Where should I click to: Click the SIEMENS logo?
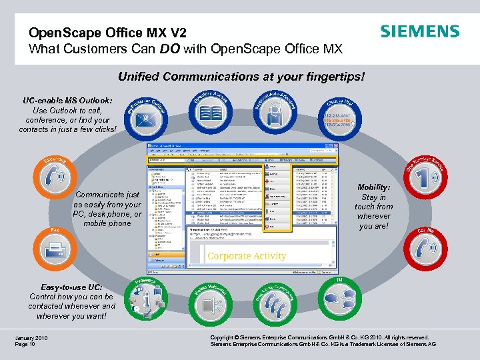[419, 32]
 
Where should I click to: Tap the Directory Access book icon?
[211, 113]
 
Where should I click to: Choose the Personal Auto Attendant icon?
[274, 113]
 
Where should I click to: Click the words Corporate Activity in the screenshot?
[247, 256]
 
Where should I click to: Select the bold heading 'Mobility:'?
[374, 188]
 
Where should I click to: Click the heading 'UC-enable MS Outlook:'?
[67, 100]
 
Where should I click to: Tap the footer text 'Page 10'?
[25, 345]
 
